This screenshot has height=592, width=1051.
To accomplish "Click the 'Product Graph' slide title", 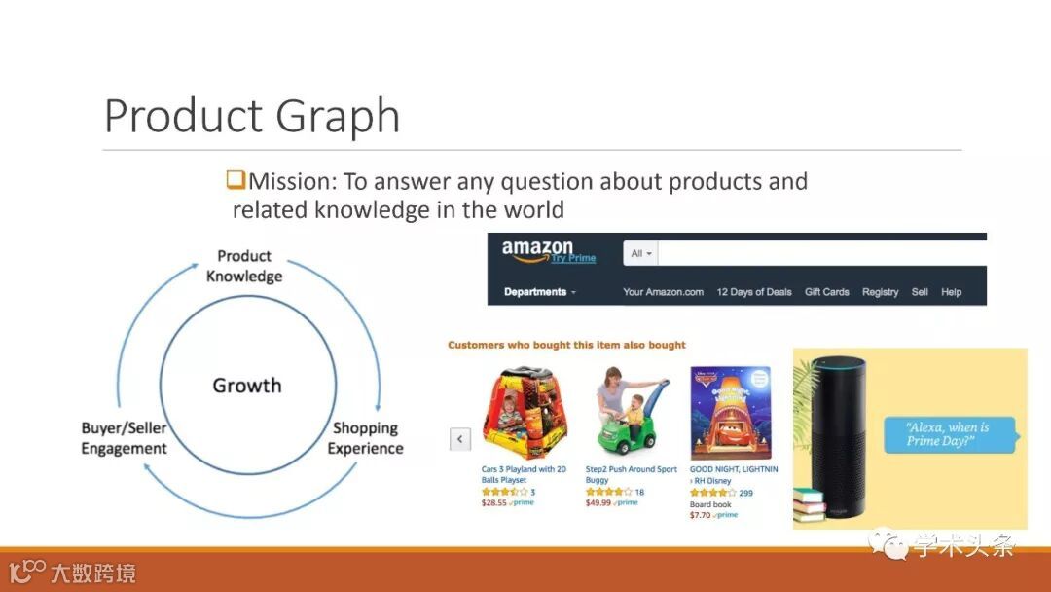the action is pos(252,116).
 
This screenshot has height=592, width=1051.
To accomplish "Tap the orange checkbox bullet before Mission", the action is pos(236,180).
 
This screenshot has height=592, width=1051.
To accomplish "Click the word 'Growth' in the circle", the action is pos(246,386).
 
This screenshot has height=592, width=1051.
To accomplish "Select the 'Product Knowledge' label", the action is pos(244,266).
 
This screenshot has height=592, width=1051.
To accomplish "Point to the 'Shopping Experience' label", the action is pos(365,438).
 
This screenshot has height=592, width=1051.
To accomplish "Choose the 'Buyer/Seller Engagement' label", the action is pos(124,438).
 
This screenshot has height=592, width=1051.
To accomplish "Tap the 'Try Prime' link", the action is pos(573,258).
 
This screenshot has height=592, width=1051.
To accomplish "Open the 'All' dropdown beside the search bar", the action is pos(640,253).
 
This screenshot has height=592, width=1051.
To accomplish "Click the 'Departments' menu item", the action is pos(539,292).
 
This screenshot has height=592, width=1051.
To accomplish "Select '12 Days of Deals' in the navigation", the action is pos(754,292).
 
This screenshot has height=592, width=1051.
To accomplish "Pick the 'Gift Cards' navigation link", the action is pos(826,292).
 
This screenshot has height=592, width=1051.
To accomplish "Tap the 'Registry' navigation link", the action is pos(880,292).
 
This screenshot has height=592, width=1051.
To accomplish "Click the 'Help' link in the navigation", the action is pos(951,292).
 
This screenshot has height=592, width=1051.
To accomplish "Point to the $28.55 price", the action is pos(494,502).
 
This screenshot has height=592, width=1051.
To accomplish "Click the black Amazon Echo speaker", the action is pos(839,436).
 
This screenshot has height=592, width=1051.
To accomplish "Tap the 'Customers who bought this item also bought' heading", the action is pos(566,345).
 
